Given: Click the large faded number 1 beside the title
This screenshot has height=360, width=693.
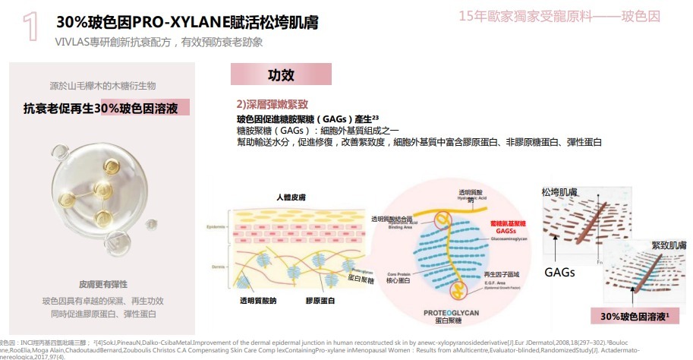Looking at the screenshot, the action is coord(30,24).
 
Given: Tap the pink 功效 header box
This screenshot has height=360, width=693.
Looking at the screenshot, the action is coord(281,75).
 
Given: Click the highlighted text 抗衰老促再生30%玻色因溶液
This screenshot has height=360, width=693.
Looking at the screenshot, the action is coord(101,109).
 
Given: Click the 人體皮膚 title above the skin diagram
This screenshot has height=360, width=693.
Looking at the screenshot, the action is coord(291,197).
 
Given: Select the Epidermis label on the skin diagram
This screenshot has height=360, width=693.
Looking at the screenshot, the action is coord(216,227).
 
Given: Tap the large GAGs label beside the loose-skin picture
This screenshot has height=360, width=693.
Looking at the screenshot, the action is coord(559,272).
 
